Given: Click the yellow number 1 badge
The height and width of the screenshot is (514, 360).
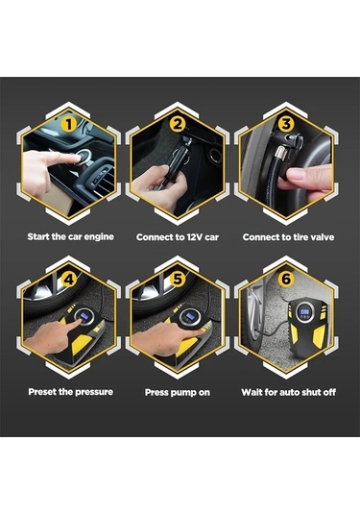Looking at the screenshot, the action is coord(69,125).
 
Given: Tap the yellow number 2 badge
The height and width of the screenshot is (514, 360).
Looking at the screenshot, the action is coord(178,125).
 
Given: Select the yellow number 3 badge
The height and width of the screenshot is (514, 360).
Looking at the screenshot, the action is coord(286,125).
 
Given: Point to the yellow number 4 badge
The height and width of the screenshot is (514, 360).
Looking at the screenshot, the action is coord(69,280).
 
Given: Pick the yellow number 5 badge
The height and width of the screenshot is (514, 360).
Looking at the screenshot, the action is coord(178,280).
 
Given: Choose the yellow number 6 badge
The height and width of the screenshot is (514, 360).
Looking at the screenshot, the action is coord(286,280).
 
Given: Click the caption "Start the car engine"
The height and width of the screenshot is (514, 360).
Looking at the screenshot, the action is coord(71,236).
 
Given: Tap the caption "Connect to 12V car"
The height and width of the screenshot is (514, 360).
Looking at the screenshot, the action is coord(178,237).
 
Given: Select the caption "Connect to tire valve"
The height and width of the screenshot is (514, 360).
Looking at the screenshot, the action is coord(288,237).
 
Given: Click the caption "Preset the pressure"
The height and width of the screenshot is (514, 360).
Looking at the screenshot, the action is coord(70,392).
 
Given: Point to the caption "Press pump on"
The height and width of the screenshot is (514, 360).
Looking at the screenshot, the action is coord(178,392).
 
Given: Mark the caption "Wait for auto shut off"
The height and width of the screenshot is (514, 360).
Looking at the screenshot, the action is coord(289,392).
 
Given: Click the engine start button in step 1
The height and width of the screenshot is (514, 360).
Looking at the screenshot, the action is coord(84,156).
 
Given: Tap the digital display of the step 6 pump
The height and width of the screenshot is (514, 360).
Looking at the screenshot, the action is coord(304,311).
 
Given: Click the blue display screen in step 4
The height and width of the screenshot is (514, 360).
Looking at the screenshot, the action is coord(84,316).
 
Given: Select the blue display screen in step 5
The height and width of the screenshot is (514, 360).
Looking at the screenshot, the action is coord(190,317).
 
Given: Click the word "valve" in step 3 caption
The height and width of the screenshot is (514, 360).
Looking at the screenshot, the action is coord(323,237).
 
